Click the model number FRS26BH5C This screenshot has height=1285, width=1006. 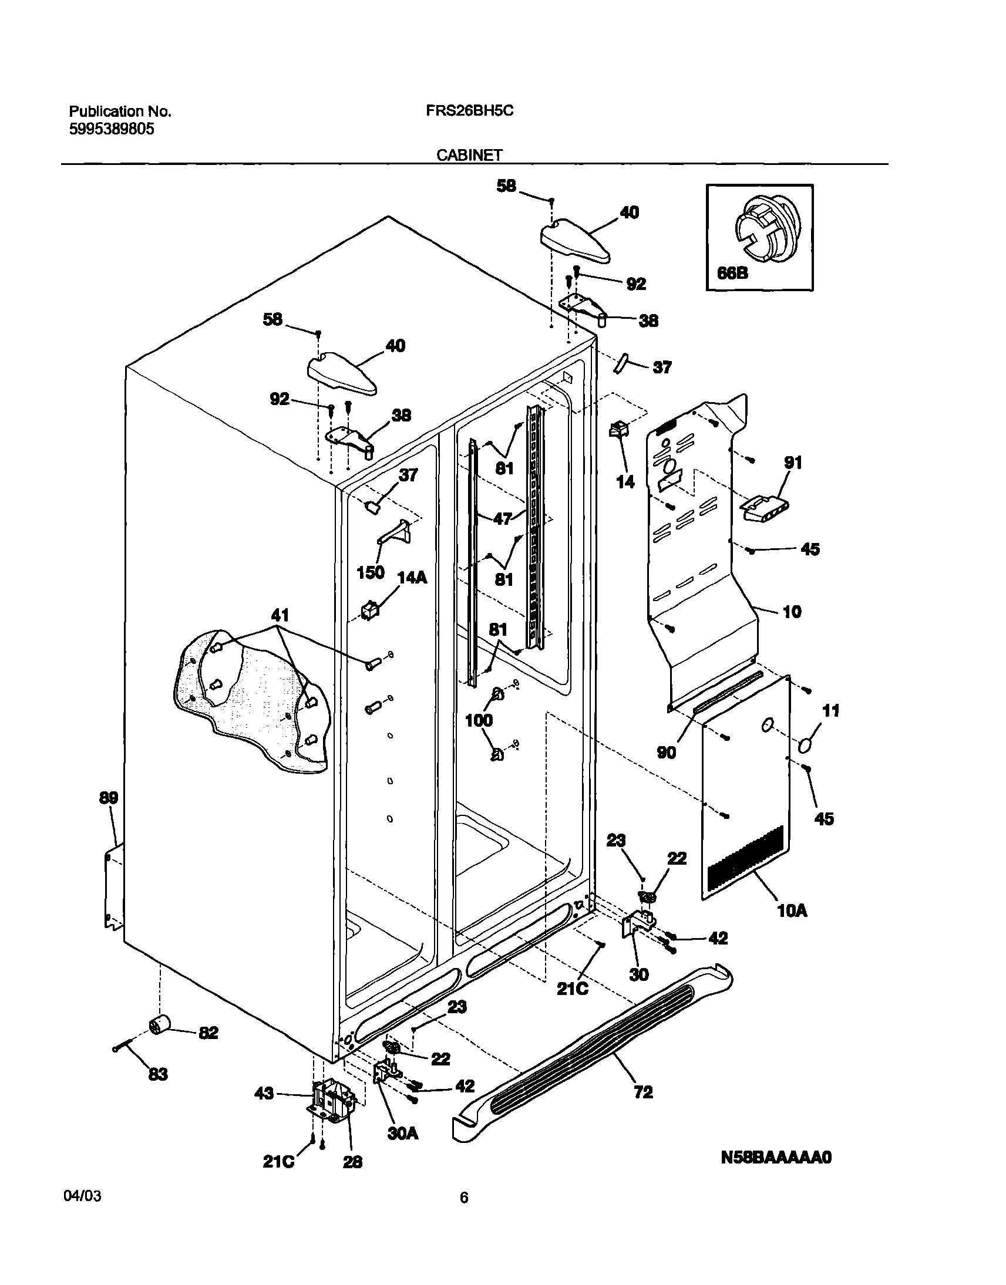[469, 111]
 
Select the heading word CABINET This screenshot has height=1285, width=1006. [469, 155]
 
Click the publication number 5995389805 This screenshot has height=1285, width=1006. [112, 130]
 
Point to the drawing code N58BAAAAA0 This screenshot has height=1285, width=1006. [776, 1157]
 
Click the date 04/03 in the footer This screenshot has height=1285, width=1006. [81, 1197]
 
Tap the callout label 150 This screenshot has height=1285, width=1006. [371, 572]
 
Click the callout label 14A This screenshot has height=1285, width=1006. [412, 578]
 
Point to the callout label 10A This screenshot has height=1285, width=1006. [792, 911]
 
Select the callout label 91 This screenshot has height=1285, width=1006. [793, 463]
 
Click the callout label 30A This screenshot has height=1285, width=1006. [403, 1134]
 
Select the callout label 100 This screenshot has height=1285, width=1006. [479, 720]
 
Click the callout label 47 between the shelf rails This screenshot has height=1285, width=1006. [502, 518]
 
